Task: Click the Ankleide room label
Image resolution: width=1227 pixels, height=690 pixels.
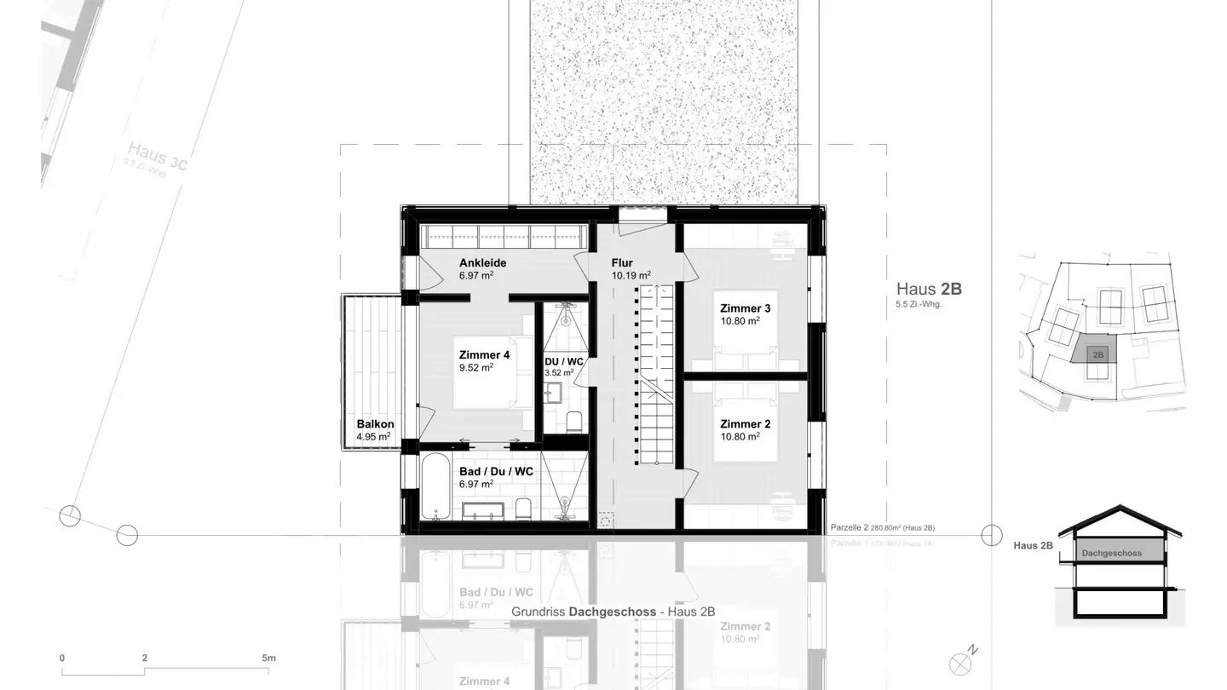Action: pos(482,263)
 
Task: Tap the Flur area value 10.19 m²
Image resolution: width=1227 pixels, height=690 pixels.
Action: pos(631,276)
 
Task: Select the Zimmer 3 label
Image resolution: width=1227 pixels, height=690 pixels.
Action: pos(745,308)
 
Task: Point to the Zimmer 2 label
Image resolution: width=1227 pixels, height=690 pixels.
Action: pos(745,424)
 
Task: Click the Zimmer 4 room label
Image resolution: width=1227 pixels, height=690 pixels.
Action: pos(484,355)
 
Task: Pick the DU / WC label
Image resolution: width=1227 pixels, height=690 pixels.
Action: pos(563,362)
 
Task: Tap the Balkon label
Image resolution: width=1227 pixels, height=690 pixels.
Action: pos(375,424)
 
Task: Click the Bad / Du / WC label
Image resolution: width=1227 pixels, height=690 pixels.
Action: pos(496,471)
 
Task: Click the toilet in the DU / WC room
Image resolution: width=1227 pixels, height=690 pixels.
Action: pos(573,420)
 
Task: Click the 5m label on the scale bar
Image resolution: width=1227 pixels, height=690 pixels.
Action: pos(268,658)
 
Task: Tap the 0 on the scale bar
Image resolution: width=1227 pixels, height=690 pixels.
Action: pos(62,658)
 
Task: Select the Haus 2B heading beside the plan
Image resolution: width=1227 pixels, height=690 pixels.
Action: pos(928,289)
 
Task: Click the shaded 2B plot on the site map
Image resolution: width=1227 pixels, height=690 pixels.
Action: pos(1097,353)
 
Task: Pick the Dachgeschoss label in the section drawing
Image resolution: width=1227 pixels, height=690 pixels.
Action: pos(1111,553)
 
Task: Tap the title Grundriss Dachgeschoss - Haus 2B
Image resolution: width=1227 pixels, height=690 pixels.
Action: pos(613,612)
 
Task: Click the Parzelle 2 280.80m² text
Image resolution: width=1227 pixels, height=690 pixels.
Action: pos(882,528)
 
